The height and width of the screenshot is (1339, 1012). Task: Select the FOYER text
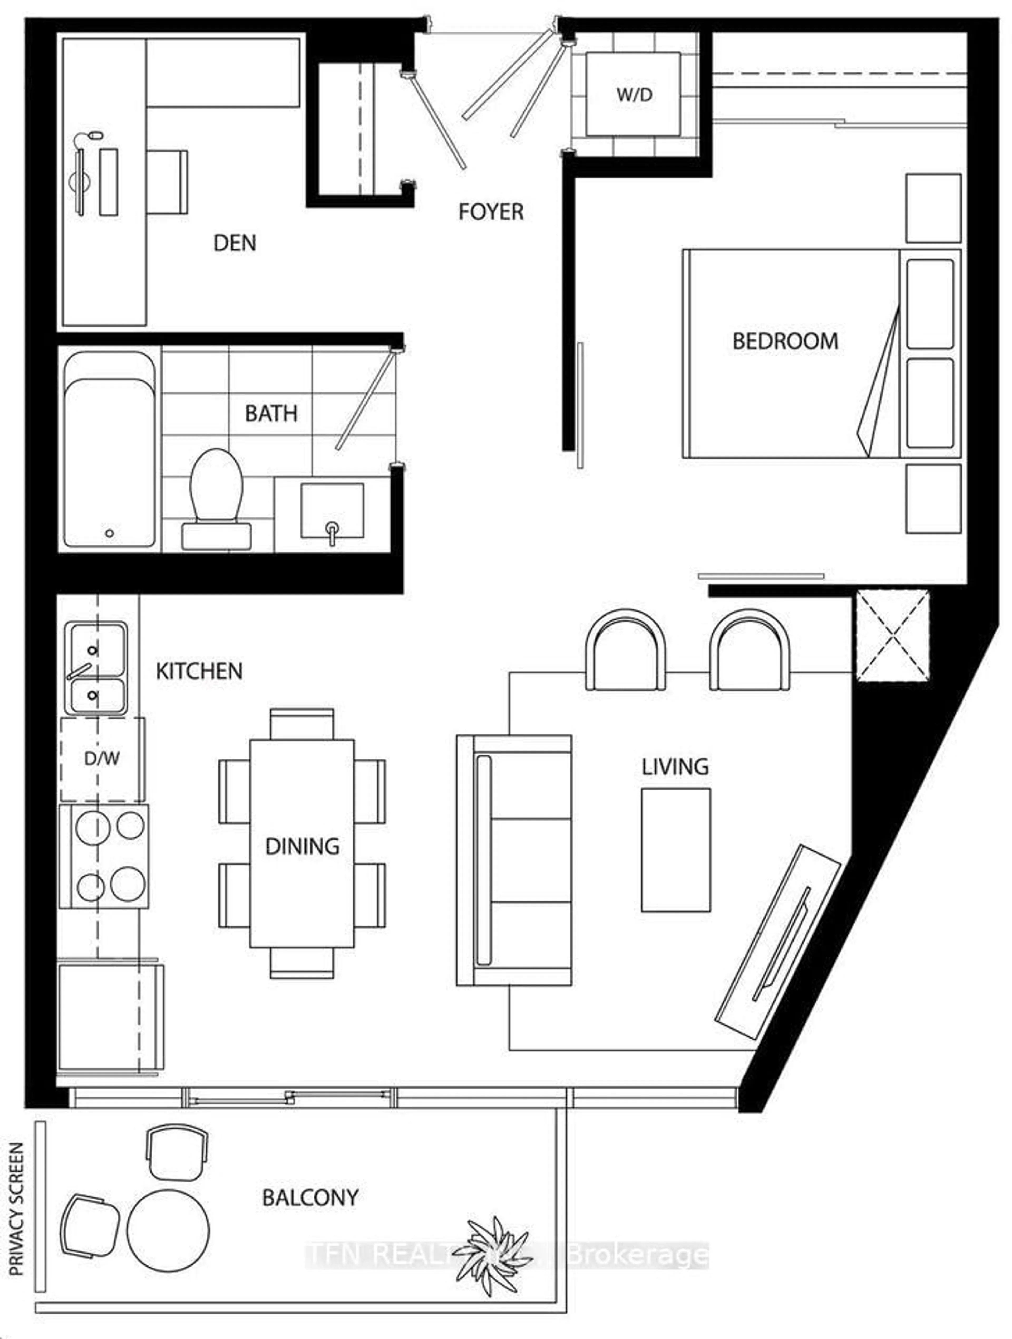point(490,212)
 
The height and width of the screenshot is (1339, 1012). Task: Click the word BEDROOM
point(785,341)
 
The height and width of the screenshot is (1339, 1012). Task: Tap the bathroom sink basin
point(332,510)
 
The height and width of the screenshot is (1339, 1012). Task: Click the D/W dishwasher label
point(102,758)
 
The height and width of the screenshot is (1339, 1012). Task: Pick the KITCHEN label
point(199,671)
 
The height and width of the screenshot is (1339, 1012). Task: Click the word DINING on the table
point(302,846)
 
